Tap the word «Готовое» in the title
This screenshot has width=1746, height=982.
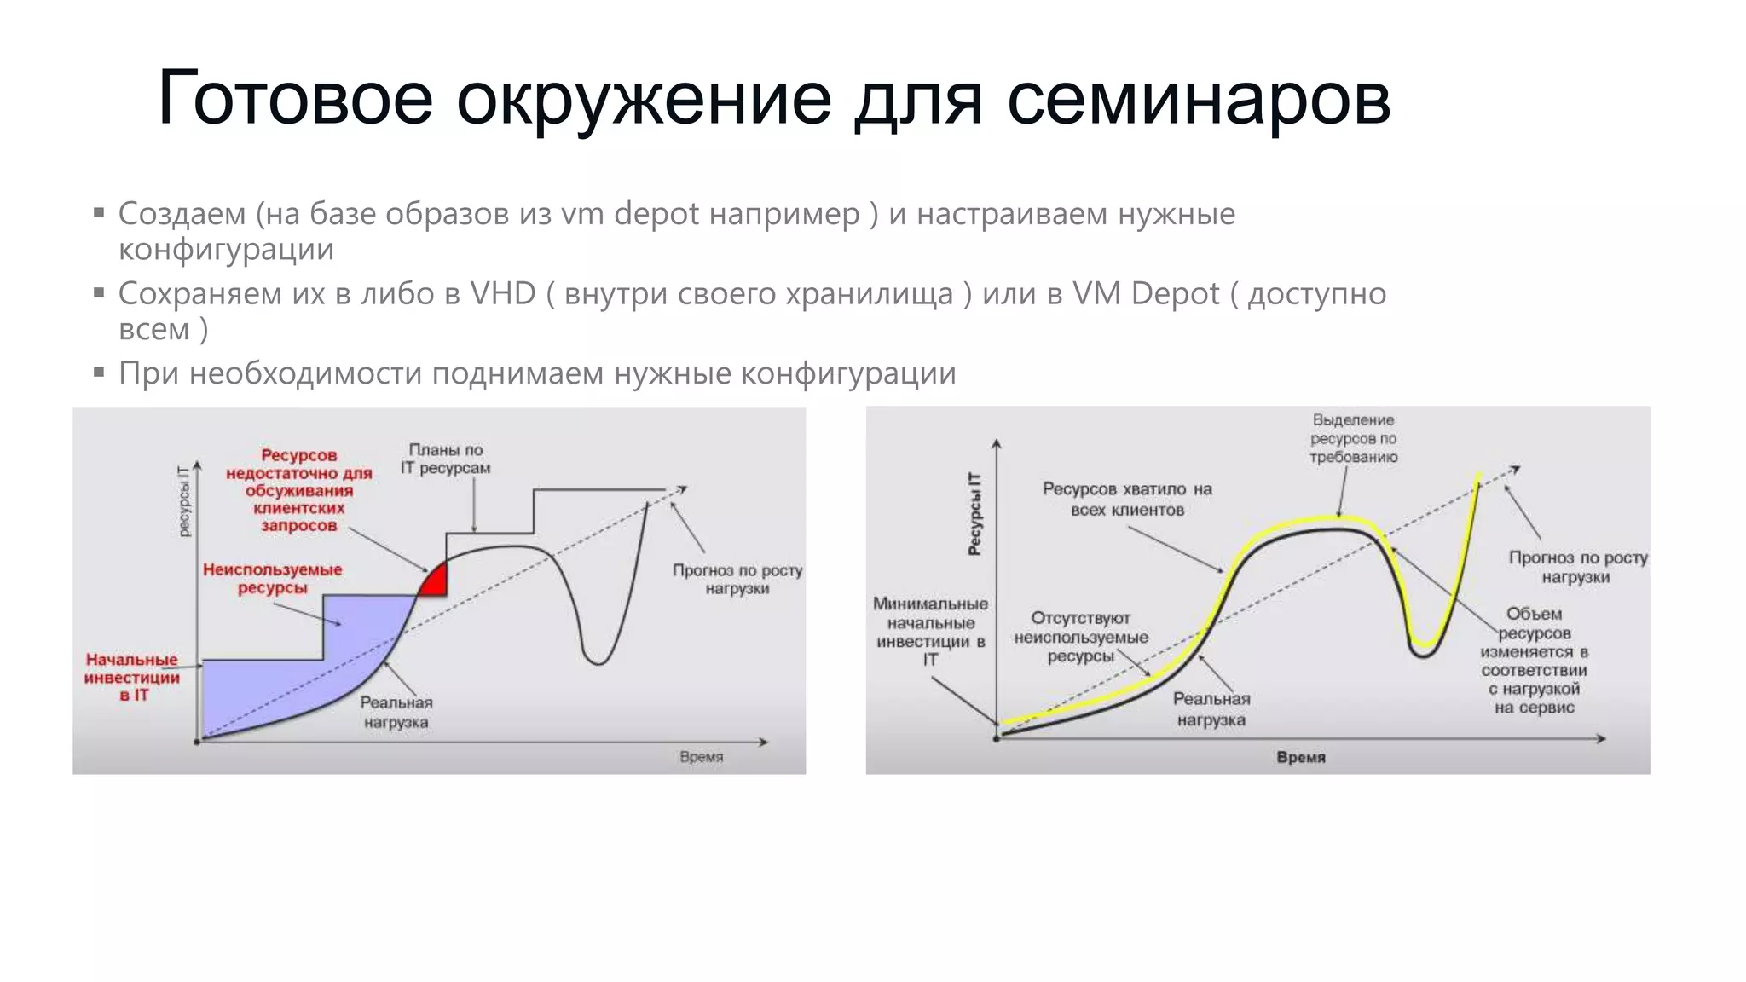tap(295, 100)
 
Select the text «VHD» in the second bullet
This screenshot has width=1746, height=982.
tap(503, 293)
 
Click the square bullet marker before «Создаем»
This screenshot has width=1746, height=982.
tap(100, 212)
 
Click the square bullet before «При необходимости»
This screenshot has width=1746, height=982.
tap(100, 373)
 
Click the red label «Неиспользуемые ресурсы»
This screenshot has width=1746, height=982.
tap(272, 578)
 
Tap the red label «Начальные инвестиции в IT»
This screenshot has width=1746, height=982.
tap(132, 677)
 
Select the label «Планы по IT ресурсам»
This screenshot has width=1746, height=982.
tap(446, 459)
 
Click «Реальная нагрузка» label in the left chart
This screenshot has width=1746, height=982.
tap(396, 713)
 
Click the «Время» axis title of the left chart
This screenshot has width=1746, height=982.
tap(701, 757)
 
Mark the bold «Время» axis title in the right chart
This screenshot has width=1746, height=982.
tap(1300, 757)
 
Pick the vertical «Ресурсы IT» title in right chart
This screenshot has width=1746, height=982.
tap(974, 513)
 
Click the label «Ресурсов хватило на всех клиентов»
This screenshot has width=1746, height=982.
tap(1127, 500)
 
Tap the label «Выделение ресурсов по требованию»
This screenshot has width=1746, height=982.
tap(1353, 438)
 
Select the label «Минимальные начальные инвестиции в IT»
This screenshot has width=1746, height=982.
tap(930, 631)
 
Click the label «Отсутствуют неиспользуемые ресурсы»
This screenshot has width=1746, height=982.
tap(1080, 637)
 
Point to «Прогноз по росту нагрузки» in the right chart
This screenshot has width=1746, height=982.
tap(1577, 567)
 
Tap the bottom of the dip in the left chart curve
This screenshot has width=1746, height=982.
tap(598, 662)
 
